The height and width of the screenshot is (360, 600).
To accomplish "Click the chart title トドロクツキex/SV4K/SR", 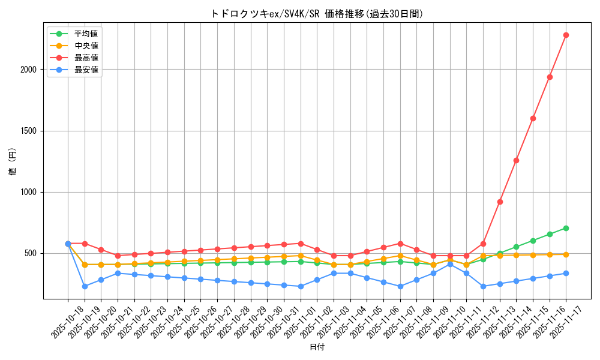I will pyautogui.click(x=317, y=14).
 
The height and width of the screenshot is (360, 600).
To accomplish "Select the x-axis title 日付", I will pyautogui.click(x=317, y=347).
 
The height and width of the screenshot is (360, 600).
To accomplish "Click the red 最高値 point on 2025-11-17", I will pyautogui.click(x=566, y=35).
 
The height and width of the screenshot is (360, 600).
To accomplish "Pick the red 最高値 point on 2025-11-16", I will pyautogui.click(x=550, y=77).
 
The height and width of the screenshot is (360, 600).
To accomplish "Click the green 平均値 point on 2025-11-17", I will pyautogui.click(x=566, y=228).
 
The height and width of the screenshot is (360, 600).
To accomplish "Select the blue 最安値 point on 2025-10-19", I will pyautogui.click(x=85, y=286).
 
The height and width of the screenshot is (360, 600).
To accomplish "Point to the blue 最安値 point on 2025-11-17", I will pyautogui.click(x=566, y=273).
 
